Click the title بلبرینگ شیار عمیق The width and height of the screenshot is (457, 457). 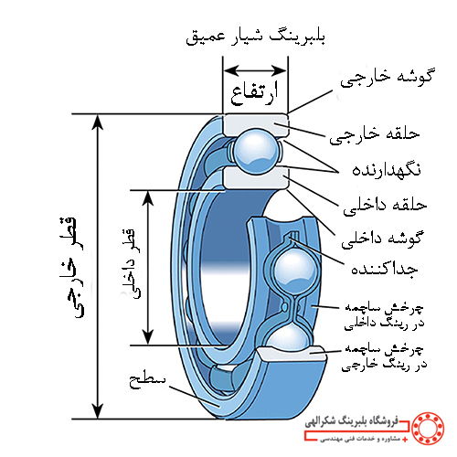[255, 37]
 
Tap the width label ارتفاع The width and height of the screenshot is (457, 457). [254, 92]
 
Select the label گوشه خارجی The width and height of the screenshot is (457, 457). [387, 78]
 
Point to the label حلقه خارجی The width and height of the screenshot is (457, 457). [375, 135]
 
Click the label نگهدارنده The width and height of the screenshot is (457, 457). [387, 170]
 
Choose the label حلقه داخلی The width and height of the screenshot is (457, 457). [385, 206]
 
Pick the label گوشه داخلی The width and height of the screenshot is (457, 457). [382, 239]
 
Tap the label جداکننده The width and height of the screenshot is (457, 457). [385, 268]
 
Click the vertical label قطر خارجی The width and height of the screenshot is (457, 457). [71, 268]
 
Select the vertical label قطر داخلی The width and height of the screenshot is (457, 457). [132, 264]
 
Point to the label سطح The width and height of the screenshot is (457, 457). [147, 380]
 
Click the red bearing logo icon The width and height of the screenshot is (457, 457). [428, 429]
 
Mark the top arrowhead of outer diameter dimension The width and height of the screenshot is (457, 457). [98, 122]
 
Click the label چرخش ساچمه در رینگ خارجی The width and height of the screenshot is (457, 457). [384, 357]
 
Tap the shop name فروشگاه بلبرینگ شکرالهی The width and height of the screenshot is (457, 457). [352, 422]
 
